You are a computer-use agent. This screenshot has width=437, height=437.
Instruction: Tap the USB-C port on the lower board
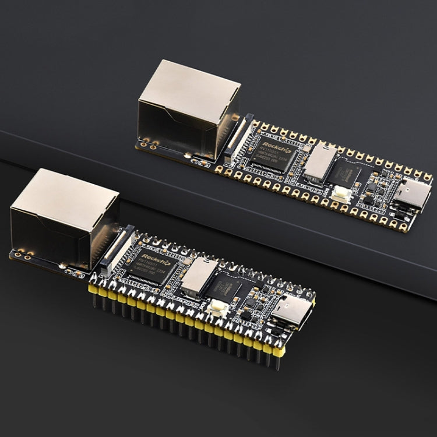click(x=291, y=309)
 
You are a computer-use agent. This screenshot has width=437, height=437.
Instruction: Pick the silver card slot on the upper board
click(x=320, y=162)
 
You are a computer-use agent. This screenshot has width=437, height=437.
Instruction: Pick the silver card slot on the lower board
click(x=198, y=274)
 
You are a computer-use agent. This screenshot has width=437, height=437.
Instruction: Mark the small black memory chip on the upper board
click(x=346, y=172)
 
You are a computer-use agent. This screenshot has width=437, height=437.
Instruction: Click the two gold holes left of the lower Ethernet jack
click(x=22, y=254)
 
